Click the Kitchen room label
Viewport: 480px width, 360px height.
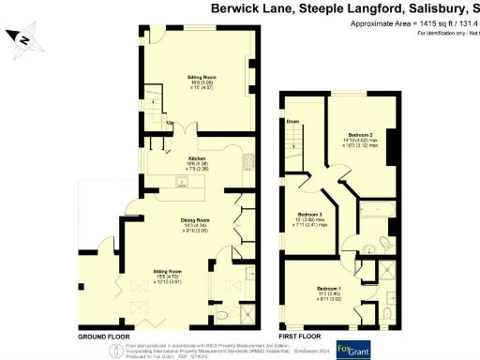point(198,158)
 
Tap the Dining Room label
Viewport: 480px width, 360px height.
point(196,220)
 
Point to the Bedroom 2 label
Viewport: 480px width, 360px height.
point(354,134)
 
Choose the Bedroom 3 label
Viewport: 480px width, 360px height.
point(310,215)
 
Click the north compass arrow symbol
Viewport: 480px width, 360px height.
point(22,38)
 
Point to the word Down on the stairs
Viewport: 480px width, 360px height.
point(292,122)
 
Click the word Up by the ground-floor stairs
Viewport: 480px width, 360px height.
point(170,124)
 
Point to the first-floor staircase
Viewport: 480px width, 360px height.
point(294,141)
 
